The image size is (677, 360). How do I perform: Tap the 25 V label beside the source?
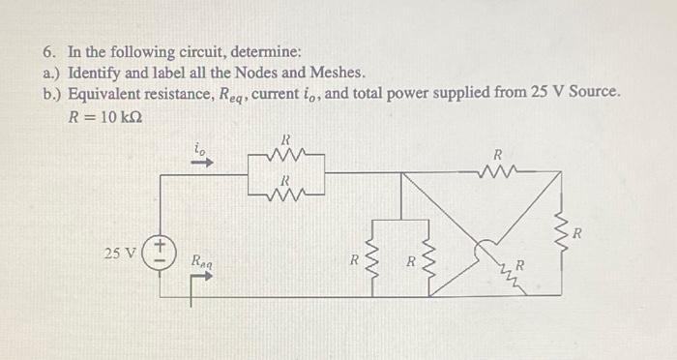tap(121, 254)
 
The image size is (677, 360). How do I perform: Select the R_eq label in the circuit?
tap(203, 259)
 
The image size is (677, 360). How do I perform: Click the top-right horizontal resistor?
tap(498, 170)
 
